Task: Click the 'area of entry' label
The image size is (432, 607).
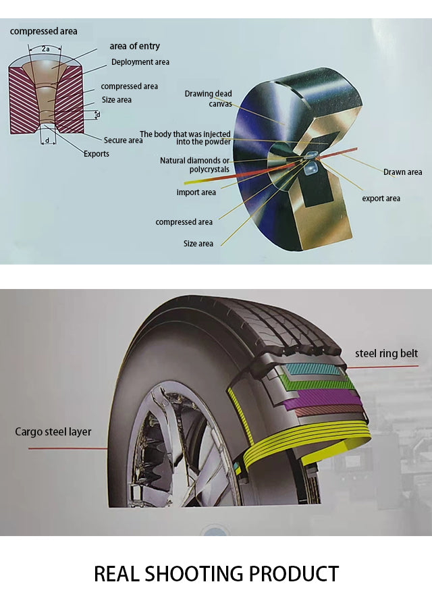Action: [134, 46]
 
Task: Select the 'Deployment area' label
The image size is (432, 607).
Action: [140, 62]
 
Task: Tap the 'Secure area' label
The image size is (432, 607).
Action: [123, 140]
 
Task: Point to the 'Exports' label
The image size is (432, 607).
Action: [97, 154]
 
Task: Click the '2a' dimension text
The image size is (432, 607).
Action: [46, 49]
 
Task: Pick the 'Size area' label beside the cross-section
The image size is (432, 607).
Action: [117, 100]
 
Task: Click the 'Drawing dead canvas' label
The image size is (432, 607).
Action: [209, 99]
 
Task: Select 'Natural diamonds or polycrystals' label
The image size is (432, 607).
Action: [194, 165]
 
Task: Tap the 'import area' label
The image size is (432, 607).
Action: [196, 192]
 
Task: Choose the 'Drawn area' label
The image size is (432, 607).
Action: [402, 172]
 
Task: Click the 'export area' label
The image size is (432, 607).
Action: [381, 199]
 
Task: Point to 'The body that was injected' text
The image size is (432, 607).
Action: [185, 134]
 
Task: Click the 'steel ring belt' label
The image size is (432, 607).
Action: [386, 354]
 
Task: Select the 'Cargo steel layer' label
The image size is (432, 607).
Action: [53, 432]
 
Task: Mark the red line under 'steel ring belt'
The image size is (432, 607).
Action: [383, 367]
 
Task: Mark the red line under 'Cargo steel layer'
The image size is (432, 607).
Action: [67, 449]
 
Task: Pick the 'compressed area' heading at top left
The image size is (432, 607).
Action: [43, 31]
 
